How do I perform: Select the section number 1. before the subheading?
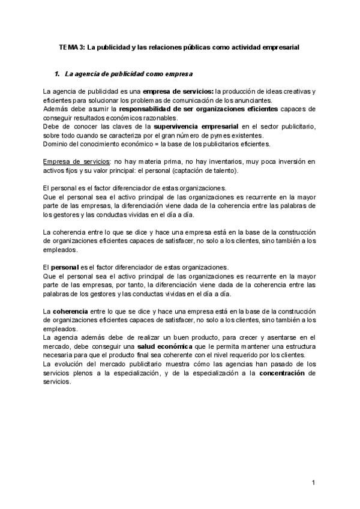coord(58,74)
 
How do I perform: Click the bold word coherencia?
coord(70,312)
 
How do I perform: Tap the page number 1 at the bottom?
coord(313,483)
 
